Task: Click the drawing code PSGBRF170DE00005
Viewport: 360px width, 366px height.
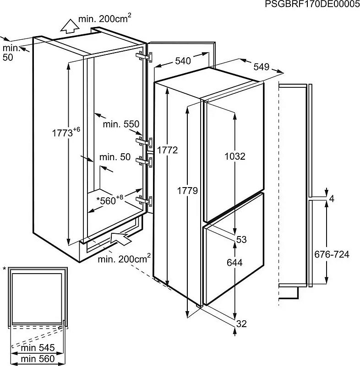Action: (312, 4)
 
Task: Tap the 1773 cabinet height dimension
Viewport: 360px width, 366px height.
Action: (66, 132)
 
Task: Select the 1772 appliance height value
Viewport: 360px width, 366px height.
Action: (167, 150)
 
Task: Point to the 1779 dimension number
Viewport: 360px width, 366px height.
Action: (187, 191)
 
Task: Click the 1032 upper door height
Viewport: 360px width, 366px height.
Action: (235, 156)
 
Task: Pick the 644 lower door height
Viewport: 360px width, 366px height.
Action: (235, 263)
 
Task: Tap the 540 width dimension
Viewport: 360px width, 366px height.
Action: (183, 61)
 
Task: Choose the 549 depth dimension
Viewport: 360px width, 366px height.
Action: (262, 67)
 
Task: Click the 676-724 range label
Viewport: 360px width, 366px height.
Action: (332, 254)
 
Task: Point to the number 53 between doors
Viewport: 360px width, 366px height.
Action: (241, 239)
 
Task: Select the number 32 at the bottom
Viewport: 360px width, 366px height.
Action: (241, 324)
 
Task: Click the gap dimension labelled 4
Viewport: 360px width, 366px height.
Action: (332, 199)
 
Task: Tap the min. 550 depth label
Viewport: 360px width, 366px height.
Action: (121, 124)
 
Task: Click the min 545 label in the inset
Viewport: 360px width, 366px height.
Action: (38, 348)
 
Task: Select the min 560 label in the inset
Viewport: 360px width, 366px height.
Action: (38, 359)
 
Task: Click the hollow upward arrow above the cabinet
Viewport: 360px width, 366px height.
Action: (70, 26)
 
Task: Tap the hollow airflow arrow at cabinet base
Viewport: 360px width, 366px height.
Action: (120, 238)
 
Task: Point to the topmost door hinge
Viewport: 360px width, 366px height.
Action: (144, 57)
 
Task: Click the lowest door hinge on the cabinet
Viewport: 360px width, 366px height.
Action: (144, 201)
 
